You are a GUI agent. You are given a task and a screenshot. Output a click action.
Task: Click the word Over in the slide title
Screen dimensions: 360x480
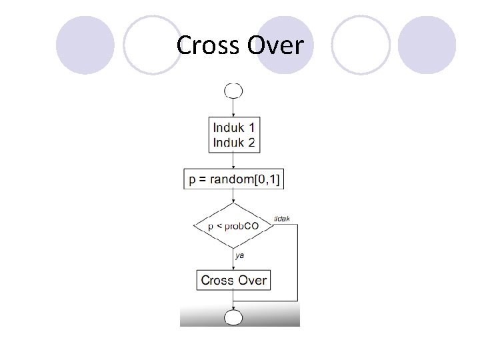tap(275, 46)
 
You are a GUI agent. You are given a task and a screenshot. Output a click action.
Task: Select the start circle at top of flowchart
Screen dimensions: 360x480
tap(233, 90)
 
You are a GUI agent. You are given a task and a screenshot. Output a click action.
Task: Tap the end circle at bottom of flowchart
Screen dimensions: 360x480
tap(233, 317)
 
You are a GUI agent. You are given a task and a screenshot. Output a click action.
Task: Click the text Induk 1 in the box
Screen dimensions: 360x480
tap(233, 126)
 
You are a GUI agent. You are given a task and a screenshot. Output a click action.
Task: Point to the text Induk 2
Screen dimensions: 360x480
tap(233, 142)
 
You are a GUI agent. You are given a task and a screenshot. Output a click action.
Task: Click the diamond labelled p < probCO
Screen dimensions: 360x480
tap(233, 225)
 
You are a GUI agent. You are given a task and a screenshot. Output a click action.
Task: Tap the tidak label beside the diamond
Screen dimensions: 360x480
tap(282, 219)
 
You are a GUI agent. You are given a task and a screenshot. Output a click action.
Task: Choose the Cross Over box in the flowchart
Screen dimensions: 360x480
tap(233, 280)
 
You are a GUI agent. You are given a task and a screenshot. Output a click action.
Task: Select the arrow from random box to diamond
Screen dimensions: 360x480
tap(233, 196)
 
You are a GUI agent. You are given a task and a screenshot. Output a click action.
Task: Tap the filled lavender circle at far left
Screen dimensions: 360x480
tap(85, 45)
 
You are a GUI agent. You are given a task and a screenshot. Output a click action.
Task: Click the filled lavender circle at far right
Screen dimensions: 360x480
tap(427, 45)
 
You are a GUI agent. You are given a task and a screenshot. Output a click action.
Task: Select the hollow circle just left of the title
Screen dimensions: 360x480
tap(152, 45)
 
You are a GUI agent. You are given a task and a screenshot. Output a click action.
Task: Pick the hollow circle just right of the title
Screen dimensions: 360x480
tap(360, 45)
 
